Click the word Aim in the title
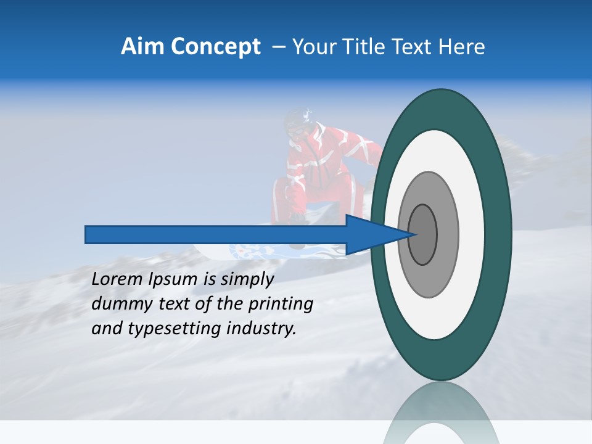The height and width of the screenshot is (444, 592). tap(142, 47)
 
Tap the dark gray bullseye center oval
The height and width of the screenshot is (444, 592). tap(423, 234)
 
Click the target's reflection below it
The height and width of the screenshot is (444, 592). tap(442, 413)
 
